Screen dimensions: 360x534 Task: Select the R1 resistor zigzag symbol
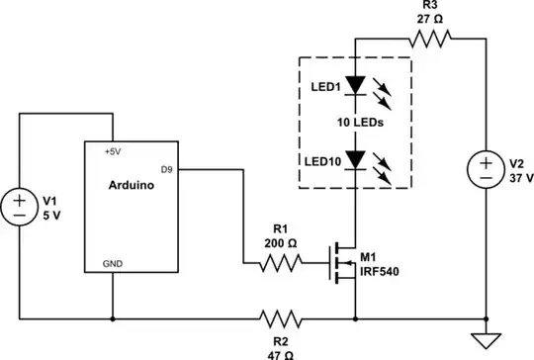pos(280,264)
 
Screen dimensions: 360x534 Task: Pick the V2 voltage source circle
pos(486,168)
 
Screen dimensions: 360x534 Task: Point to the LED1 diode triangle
pos(354,86)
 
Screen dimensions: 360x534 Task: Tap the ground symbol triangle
pos(486,341)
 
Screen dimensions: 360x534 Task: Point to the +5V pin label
pos(114,152)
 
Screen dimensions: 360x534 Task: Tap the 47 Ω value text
pos(280,350)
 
